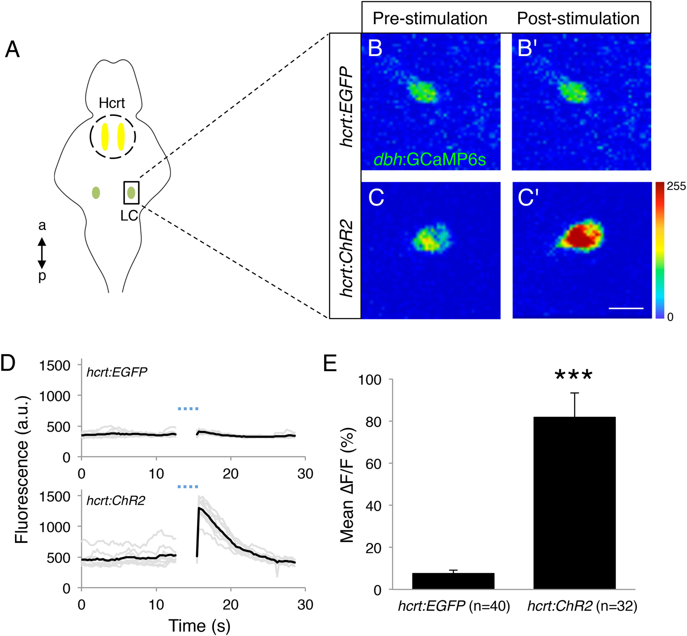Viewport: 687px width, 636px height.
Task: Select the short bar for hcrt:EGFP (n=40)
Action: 453,581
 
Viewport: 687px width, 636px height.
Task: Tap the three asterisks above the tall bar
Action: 574,375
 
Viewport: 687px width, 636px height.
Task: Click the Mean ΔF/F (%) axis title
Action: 347,485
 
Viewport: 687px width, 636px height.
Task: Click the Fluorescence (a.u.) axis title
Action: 21,470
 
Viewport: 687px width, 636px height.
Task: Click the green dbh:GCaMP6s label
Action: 430,159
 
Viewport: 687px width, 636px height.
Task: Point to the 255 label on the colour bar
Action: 676,186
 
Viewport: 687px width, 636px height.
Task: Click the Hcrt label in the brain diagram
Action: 112,103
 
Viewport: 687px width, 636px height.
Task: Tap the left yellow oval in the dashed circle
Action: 105,137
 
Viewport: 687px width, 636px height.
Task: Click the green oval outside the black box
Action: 96,193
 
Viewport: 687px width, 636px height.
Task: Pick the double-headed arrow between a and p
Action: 42,253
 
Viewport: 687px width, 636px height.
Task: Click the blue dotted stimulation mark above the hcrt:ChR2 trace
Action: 188,487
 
